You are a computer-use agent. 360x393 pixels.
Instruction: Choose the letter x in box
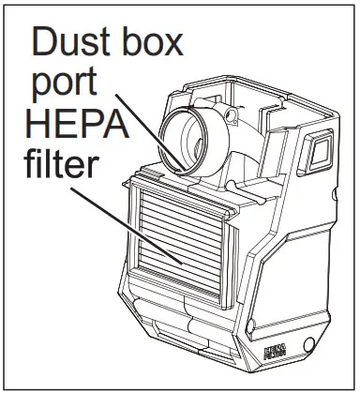[172, 44]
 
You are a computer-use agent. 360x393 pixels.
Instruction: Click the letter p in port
[41, 86]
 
